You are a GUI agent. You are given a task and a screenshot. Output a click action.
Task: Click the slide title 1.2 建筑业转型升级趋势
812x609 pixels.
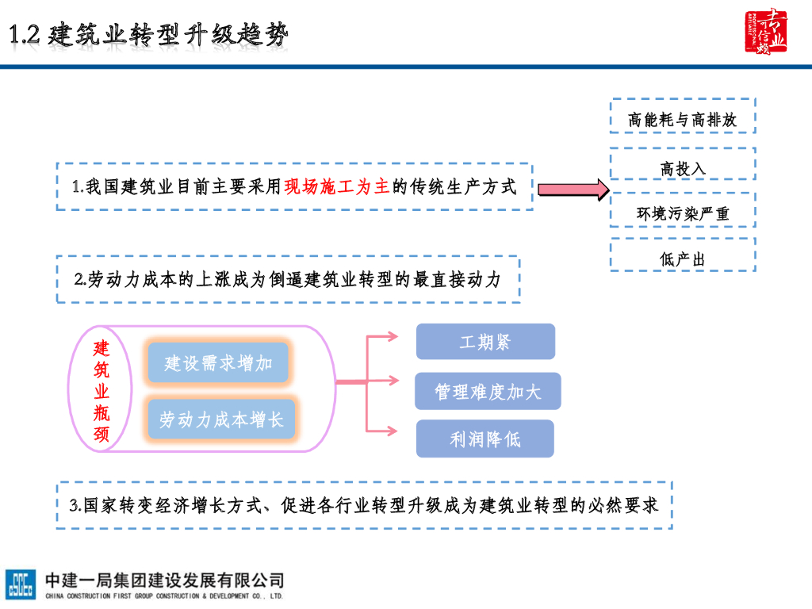pyautogui.click(x=149, y=35)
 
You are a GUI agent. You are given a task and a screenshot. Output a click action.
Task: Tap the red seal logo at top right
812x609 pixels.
pyautogui.click(x=765, y=33)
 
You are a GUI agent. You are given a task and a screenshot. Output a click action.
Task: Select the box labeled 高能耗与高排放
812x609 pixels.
pyautogui.click(x=682, y=120)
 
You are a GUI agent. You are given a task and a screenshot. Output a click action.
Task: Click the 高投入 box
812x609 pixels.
pyautogui.click(x=682, y=168)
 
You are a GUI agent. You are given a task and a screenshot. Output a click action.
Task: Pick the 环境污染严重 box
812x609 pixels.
pyautogui.click(x=682, y=213)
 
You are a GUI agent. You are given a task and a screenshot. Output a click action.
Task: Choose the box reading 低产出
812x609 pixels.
pyautogui.click(x=682, y=259)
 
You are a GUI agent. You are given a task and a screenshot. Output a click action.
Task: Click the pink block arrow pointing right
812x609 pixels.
pyautogui.click(x=572, y=190)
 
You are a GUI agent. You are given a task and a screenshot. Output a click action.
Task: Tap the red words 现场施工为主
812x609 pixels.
pyautogui.click(x=337, y=187)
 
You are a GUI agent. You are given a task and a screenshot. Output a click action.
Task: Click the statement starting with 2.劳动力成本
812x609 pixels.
pyautogui.click(x=288, y=279)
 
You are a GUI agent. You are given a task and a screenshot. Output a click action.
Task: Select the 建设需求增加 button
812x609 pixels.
pyautogui.click(x=219, y=363)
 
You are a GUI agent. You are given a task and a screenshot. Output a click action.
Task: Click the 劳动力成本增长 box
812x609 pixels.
pyautogui.click(x=221, y=419)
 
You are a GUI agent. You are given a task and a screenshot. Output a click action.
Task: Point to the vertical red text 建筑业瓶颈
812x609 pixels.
pyautogui.click(x=102, y=391)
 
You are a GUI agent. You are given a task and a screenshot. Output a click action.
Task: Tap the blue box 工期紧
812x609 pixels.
pyautogui.click(x=485, y=342)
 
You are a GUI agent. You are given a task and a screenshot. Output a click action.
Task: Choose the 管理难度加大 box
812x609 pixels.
pyautogui.click(x=487, y=391)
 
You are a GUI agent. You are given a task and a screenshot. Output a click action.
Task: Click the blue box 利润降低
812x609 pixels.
pyautogui.click(x=485, y=439)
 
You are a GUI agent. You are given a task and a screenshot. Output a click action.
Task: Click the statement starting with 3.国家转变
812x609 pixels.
pyautogui.click(x=364, y=505)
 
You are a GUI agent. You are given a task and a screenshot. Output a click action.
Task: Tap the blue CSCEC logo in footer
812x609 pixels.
pyautogui.click(x=21, y=584)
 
